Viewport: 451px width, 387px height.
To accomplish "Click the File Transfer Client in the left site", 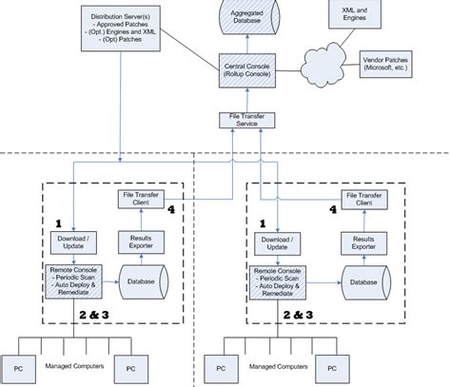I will coord(137,199).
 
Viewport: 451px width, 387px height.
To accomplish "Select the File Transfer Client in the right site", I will coord(357,199).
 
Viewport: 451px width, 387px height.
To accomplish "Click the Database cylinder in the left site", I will coord(142,282).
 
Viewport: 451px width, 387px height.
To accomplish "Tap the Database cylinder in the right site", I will coord(363,282).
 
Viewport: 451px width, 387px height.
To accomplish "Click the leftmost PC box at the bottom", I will coord(19,367).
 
